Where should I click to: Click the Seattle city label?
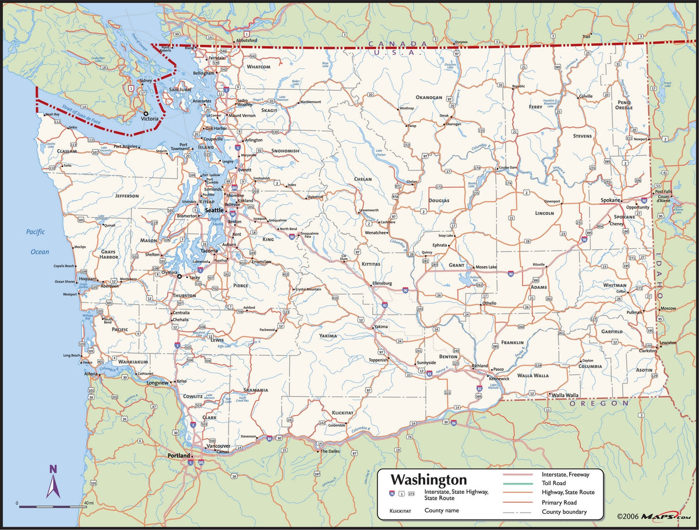coord(214,210)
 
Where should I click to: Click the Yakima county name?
coord(328,336)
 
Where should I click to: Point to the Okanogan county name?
coord(429,97)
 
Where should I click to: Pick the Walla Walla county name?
coord(533,376)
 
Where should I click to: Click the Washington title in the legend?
coord(428,480)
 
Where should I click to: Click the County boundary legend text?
coord(564,512)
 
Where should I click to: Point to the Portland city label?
coord(179,455)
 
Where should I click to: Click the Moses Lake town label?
coord(486,267)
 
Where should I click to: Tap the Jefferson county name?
coord(127,196)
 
